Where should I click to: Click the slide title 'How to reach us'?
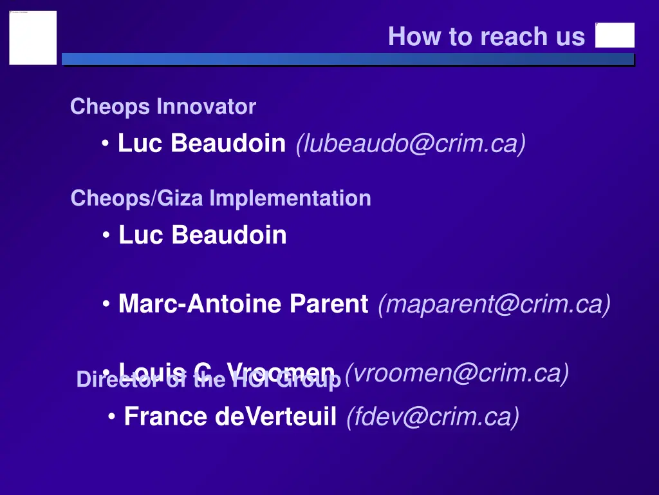[487, 37]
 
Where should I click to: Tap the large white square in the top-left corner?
[33, 37]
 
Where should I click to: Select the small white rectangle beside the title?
[615, 35]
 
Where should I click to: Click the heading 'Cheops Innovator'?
[163, 106]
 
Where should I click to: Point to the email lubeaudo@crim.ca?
[411, 143]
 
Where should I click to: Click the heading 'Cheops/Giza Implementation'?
[221, 198]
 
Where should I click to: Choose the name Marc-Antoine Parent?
[243, 304]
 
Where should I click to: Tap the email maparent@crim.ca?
[494, 304]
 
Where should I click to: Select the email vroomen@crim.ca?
[457, 373]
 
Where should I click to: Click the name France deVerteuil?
[230, 416]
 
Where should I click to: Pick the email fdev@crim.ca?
[432, 416]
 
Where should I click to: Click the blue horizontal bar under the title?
[348, 59]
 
